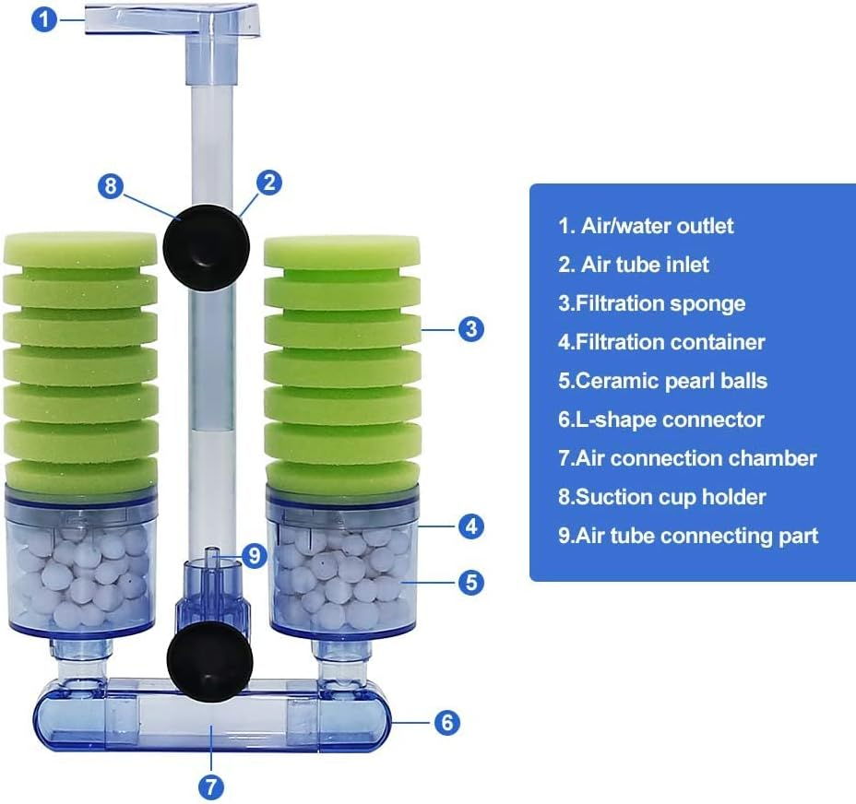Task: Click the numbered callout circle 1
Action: tap(46, 19)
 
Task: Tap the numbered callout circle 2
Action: tap(268, 182)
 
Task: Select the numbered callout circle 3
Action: tap(471, 328)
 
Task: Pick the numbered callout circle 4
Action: tap(471, 526)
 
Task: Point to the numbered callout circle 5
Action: tap(471, 582)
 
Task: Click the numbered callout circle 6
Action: tap(446, 722)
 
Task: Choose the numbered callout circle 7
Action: tap(210, 786)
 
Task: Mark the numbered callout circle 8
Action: tap(112, 185)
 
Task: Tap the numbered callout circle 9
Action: tap(255, 556)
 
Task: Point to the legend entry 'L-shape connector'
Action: tap(660, 420)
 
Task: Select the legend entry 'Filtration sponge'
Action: tap(651, 303)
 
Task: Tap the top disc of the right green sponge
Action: tap(342, 251)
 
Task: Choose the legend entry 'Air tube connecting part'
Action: tap(687, 536)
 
